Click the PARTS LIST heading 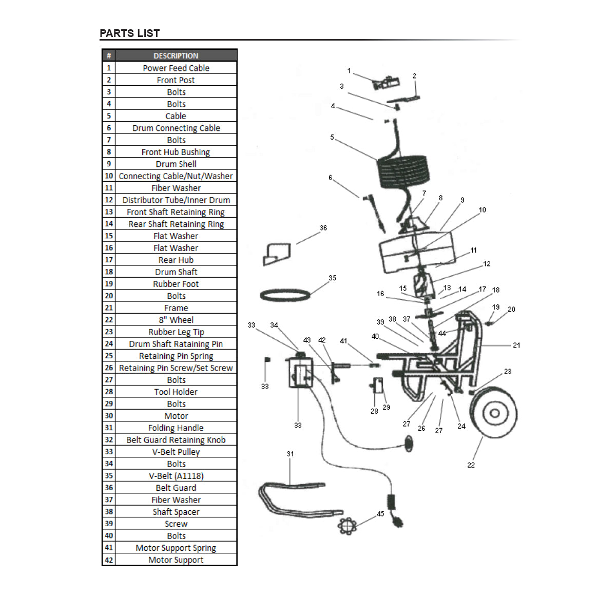[x=129, y=33]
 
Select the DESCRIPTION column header [x=176, y=55]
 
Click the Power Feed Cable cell [x=176, y=68]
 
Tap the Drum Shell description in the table [x=176, y=164]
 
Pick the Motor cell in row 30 [x=176, y=416]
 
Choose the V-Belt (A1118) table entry [x=176, y=476]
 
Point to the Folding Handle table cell [x=176, y=428]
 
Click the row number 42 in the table [x=109, y=560]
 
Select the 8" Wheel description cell [x=176, y=320]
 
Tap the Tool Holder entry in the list [x=176, y=392]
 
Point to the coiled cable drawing [x=403, y=172]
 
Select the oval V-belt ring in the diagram [x=285, y=295]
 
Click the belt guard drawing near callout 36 [x=277, y=254]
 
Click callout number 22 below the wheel [x=471, y=465]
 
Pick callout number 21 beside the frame [x=516, y=345]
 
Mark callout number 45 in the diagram [x=380, y=514]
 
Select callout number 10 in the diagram [x=482, y=210]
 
